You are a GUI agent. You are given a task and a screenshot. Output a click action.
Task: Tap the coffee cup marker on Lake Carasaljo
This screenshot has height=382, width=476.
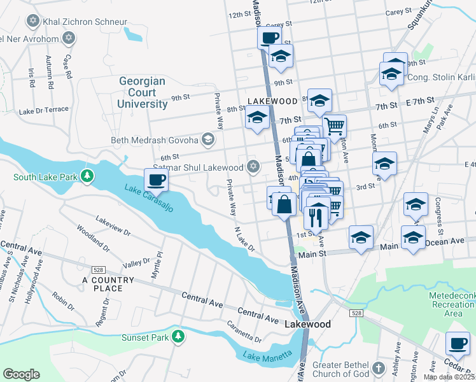(156, 180)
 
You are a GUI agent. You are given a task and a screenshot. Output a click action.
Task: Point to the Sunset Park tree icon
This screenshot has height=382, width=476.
(179, 336)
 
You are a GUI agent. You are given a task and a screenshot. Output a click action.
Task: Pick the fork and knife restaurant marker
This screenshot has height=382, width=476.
(316, 218)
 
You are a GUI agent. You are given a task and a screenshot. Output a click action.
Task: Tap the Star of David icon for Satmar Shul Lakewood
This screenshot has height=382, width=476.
(253, 167)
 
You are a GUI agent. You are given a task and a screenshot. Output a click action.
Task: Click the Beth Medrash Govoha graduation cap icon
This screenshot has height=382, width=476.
(207, 139)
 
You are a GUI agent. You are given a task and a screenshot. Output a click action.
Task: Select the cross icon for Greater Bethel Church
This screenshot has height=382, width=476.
(378, 369)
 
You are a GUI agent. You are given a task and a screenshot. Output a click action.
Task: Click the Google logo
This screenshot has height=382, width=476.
(21, 374)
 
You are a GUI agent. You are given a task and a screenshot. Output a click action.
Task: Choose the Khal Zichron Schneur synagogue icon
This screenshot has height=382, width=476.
(33, 22)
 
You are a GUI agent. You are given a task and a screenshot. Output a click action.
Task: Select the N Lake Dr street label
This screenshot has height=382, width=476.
(244, 238)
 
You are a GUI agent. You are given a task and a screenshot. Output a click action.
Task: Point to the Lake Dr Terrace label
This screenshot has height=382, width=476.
(43, 110)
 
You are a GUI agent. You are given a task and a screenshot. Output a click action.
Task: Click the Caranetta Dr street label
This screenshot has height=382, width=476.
(244, 331)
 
